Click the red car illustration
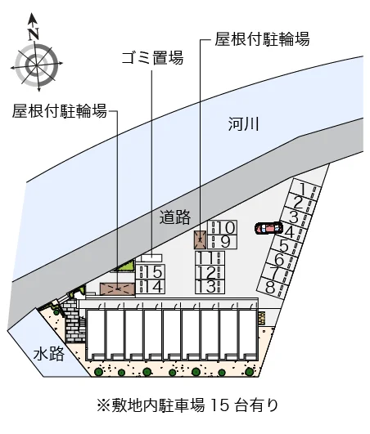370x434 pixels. coord(268,228)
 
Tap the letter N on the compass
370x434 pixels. coord(34,34)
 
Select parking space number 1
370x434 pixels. coord(305,189)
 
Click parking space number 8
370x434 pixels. coord(273,287)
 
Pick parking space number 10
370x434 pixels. coord(223,227)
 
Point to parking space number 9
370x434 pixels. coord(223,242)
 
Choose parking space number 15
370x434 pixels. coord(151,271)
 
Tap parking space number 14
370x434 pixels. coord(151,286)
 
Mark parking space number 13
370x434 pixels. coord(210,287)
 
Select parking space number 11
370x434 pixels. coord(210,257)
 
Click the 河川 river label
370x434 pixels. coord(244,124)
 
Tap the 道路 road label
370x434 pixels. coord(175,217)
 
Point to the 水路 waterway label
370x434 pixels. coord(49,354)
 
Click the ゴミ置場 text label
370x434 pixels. coord(152,57)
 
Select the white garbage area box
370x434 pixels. coord(151,258)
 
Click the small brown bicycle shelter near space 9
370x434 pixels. coord(200,239)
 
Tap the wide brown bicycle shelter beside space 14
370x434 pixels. coord(118,289)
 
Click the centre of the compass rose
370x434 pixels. coord(37,65)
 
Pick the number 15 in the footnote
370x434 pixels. coord(219,405)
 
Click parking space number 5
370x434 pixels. coord(284,245)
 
